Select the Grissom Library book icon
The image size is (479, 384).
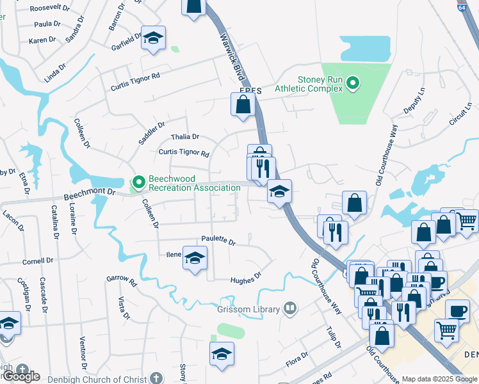click(290, 309)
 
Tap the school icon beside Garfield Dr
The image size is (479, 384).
click(153, 40)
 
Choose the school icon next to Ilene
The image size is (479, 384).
click(195, 259)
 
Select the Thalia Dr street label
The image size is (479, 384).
click(185, 137)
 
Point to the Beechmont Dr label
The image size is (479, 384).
click(89, 192)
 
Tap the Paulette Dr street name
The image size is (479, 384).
click(218, 241)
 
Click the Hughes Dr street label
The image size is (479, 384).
click(246, 277)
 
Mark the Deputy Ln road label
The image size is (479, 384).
click(413, 102)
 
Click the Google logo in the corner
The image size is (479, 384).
click(20, 376)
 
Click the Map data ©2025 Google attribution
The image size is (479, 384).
click(439, 379)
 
